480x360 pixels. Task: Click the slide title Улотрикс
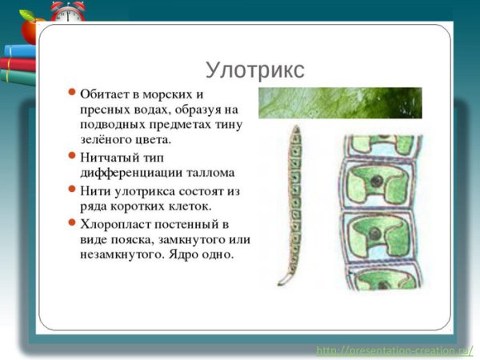254,70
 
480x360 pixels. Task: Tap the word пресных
106,110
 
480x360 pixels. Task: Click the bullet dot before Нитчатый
72,156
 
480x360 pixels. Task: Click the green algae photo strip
339,103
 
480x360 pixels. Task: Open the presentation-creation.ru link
394,350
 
